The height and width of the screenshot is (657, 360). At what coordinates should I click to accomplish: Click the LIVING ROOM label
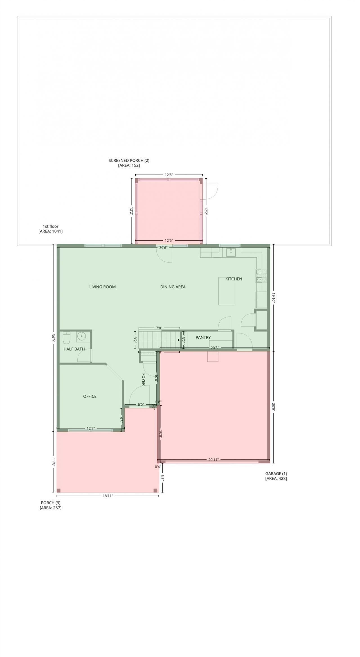[102, 287]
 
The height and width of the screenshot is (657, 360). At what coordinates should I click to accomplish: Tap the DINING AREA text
[173, 287]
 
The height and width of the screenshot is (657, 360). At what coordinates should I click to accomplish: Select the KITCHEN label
[233, 279]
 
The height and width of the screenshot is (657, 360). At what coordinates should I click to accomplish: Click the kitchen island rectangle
[227, 291]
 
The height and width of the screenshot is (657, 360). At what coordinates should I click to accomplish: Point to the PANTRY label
[203, 337]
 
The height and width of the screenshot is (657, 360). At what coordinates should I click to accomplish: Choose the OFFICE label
[90, 396]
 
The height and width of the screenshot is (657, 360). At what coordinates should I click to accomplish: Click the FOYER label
[143, 379]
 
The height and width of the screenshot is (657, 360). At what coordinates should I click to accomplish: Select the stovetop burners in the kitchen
[261, 276]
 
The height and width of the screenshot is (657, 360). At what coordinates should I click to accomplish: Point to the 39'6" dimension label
[163, 248]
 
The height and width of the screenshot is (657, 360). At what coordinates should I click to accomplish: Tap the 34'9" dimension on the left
[53, 338]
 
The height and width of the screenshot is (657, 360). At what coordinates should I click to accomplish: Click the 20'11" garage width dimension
[213, 460]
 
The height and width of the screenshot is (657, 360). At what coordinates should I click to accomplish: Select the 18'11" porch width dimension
[107, 496]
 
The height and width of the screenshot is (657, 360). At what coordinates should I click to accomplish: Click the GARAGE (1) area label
[276, 476]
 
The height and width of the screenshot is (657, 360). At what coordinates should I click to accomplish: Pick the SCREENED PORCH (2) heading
[129, 163]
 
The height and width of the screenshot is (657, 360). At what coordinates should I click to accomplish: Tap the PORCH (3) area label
[51, 505]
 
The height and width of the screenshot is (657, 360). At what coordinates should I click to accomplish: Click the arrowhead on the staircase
[179, 340]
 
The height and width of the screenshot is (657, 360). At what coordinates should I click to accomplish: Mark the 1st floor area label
[51, 229]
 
